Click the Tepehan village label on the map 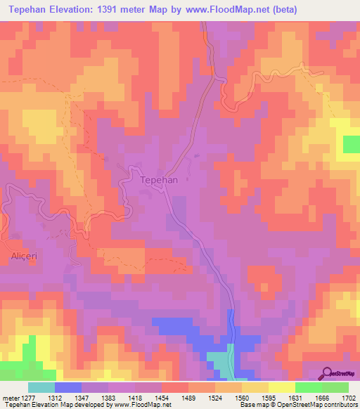pos(159,180)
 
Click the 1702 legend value pos(348,398)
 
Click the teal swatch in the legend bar pos(41,387)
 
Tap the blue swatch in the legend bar pos(68,387)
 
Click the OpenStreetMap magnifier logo pos(328,372)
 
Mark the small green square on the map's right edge pos(351,144)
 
